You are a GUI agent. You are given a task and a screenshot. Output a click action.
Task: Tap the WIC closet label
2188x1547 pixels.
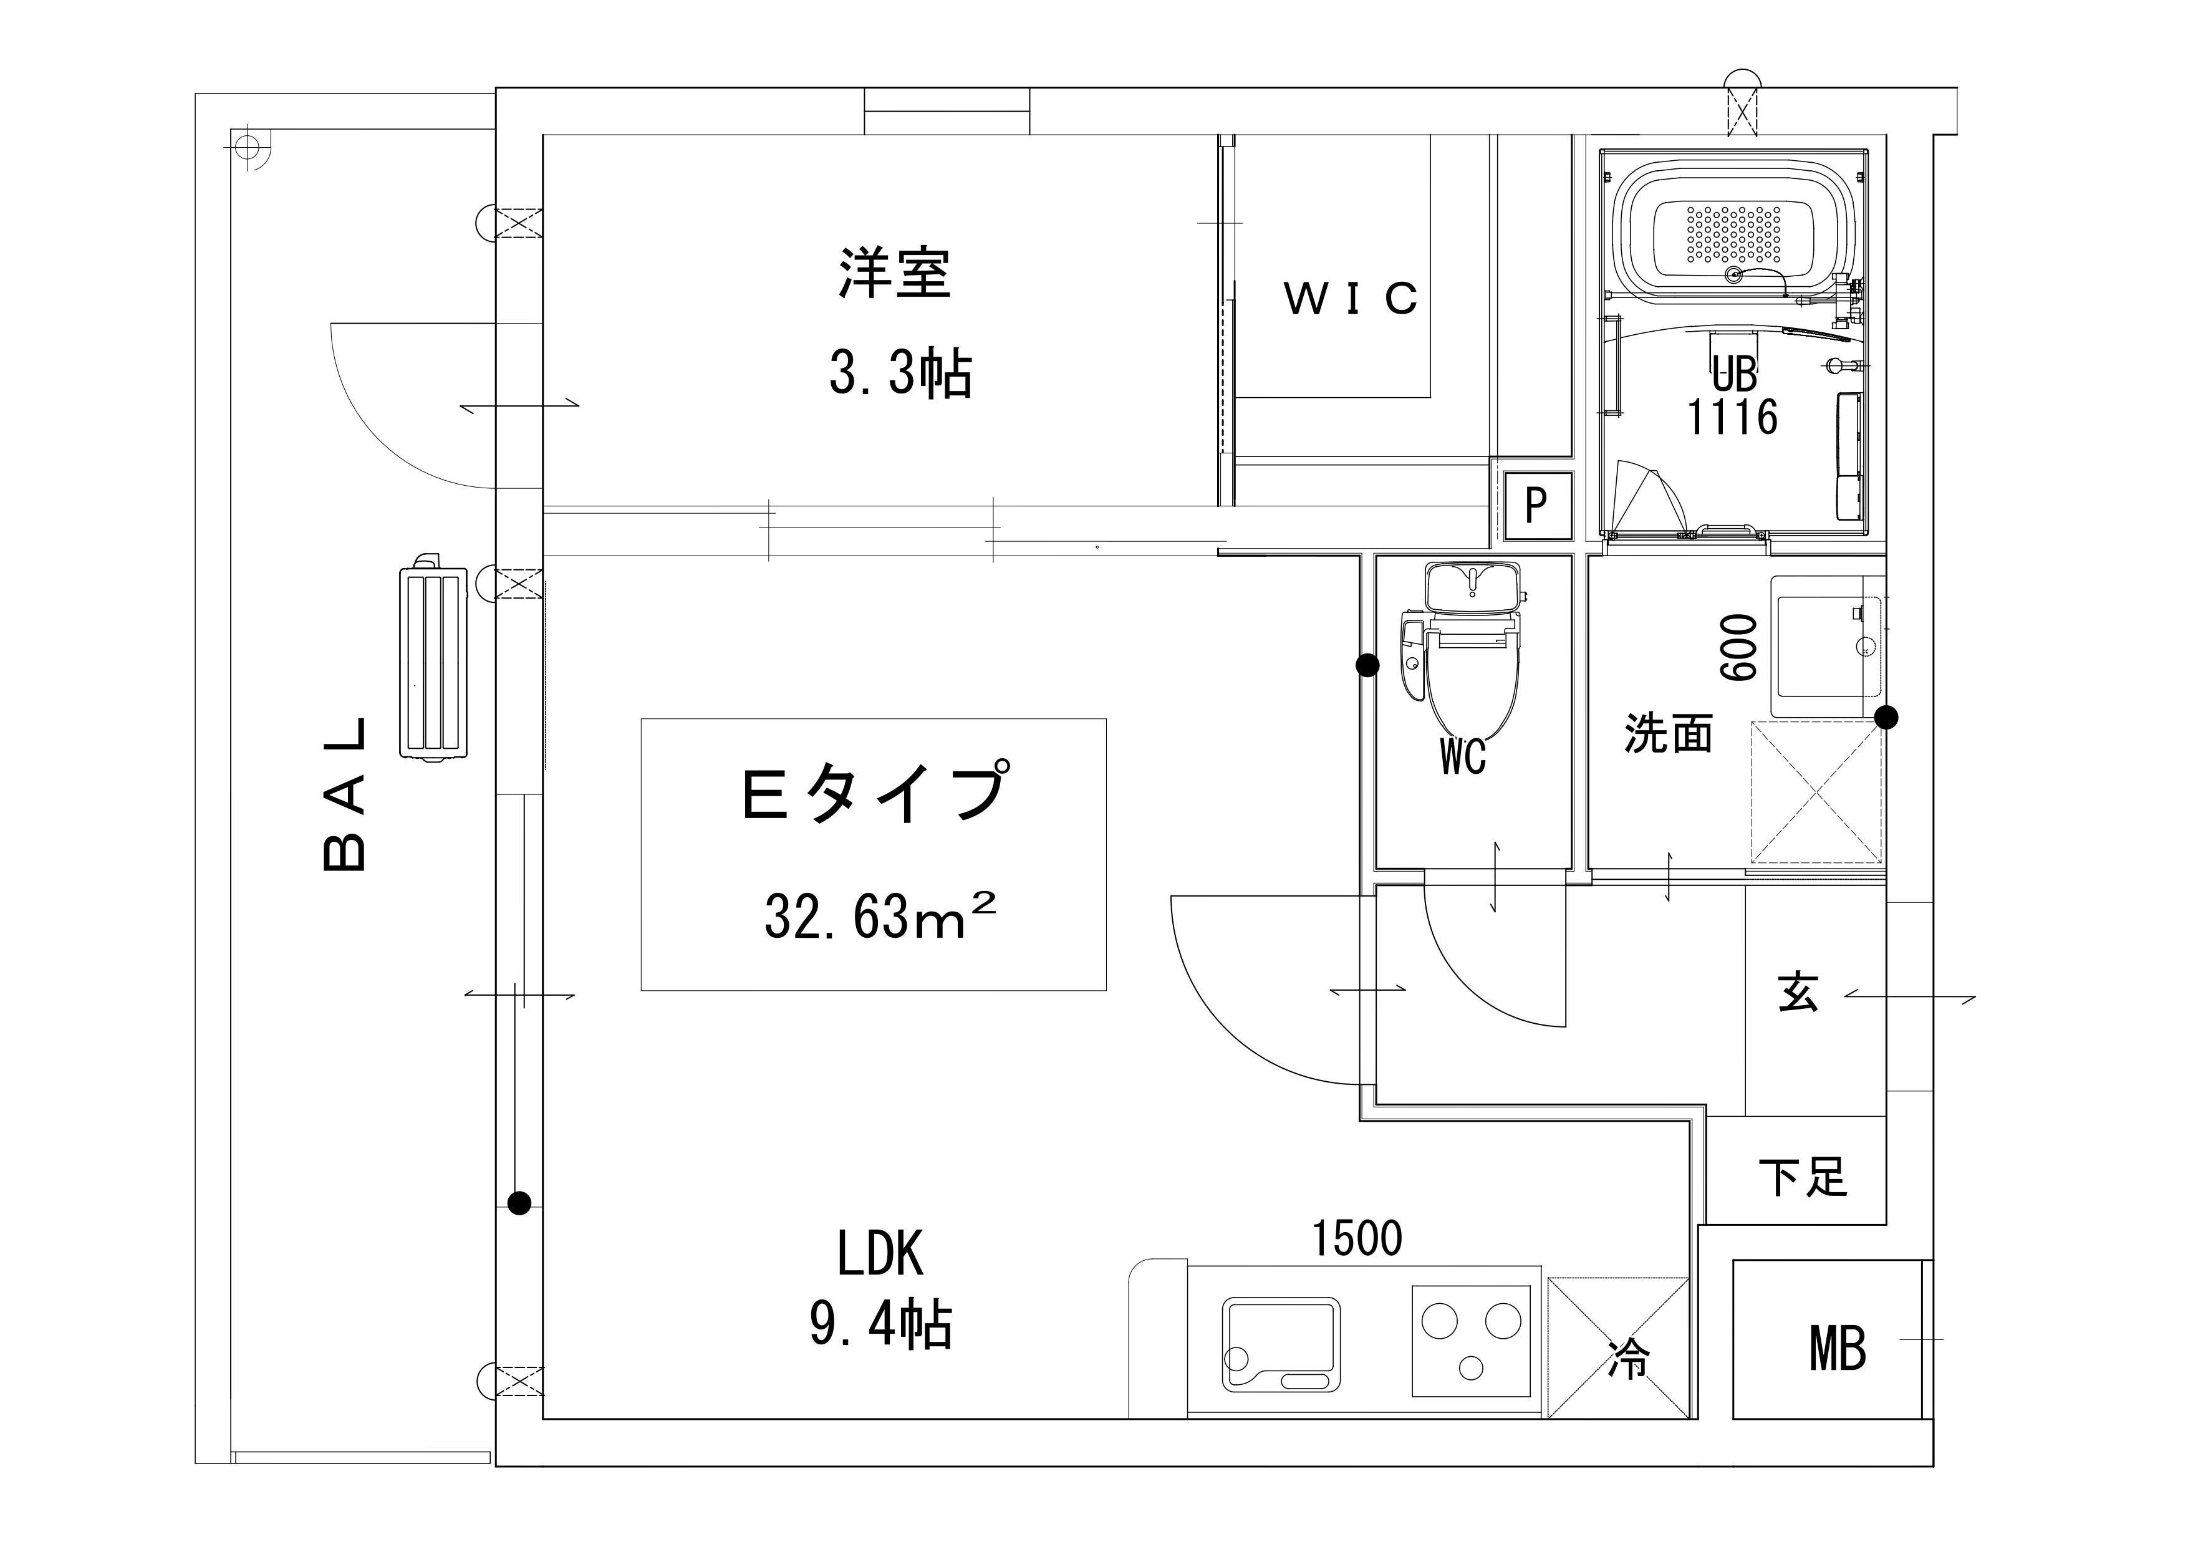(1351, 298)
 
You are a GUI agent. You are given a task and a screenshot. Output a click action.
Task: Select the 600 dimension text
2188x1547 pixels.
(1739, 647)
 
